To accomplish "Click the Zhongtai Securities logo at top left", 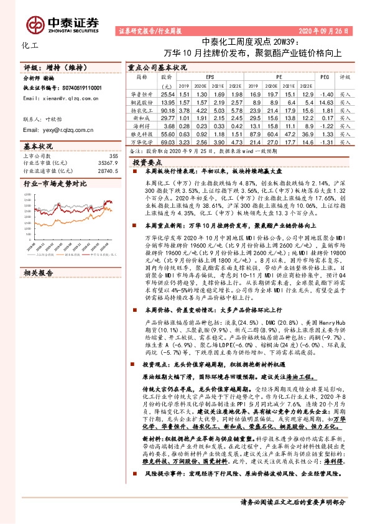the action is pos(73,22).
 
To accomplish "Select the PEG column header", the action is pos(324,77).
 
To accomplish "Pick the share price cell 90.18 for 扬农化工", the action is pos(167,109).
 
